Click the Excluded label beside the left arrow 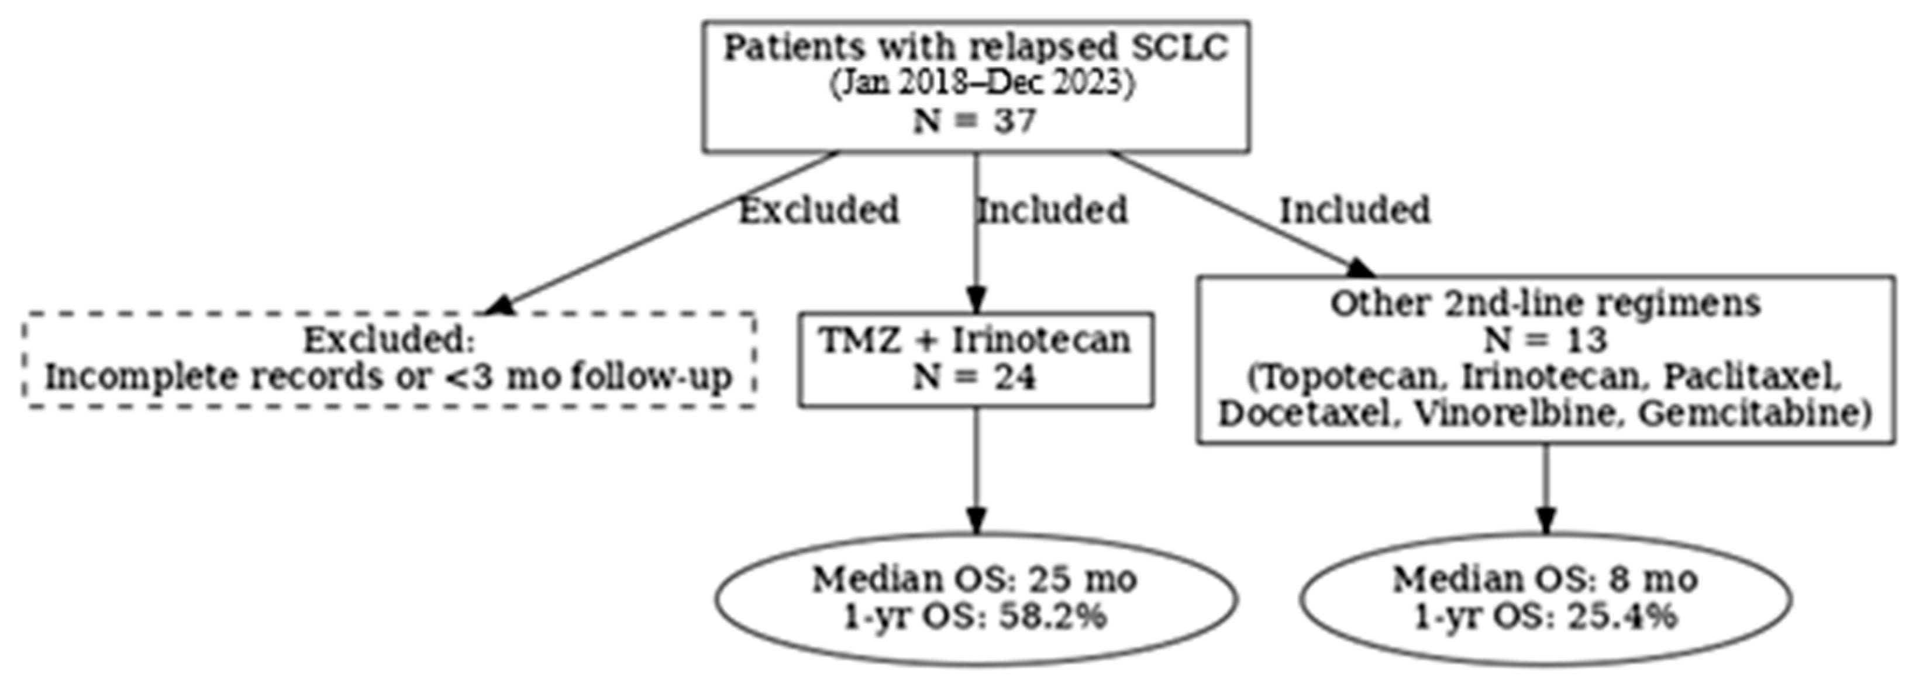point(819,211)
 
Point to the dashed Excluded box point(389,359)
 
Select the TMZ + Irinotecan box point(975,359)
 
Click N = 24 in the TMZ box point(974,378)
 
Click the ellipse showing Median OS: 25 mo point(975,598)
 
